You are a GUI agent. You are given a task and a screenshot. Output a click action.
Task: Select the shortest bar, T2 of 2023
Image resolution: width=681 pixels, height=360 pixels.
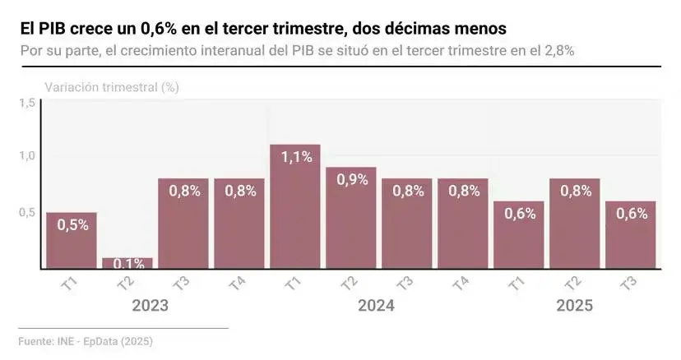click(127, 263)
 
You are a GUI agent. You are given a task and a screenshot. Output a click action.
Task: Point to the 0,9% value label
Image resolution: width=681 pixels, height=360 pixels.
click(351, 179)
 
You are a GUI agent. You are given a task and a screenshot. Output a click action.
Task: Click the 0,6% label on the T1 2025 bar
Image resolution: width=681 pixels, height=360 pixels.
click(519, 213)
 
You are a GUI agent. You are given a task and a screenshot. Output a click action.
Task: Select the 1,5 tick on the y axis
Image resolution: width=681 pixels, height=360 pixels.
click(27, 104)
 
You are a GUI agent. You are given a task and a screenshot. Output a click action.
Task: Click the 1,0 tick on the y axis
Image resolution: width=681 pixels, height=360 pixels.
click(27, 156)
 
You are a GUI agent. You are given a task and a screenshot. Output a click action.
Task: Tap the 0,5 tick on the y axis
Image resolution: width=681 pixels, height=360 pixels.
click(27, 212)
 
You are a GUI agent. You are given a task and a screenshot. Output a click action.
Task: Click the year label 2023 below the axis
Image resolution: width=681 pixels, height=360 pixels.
click(151, 306)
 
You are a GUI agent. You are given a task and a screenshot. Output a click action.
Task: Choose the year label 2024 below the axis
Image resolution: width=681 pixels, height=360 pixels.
click(376, 306)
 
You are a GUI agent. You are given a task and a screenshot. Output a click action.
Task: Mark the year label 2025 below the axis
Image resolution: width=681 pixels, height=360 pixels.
click(574, 306)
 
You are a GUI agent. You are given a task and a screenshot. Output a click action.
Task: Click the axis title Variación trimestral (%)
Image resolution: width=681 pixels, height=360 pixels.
click(111, 86)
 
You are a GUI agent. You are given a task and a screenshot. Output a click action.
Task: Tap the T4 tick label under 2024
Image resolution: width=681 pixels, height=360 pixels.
click(460, 284)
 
